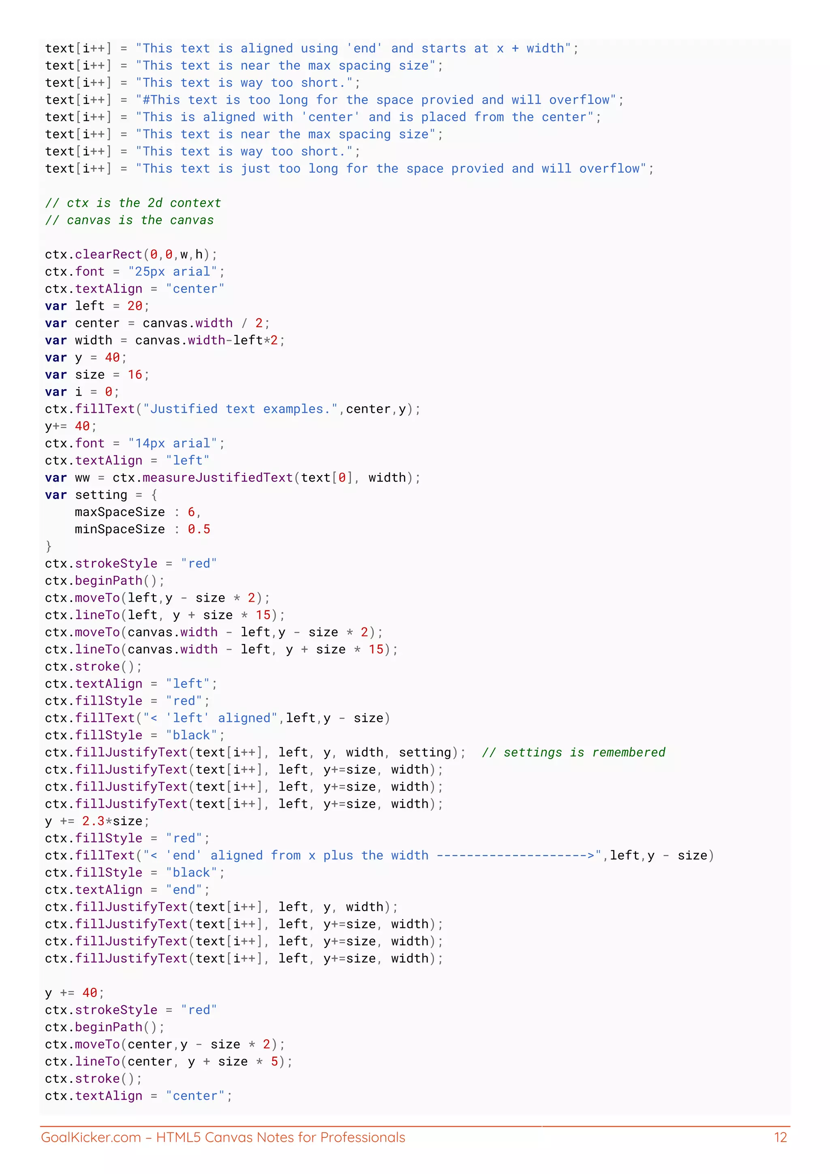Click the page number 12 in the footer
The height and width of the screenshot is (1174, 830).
coord(781,1137)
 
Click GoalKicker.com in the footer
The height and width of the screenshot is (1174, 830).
coord(90,1137)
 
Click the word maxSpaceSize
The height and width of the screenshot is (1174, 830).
coord(120,512)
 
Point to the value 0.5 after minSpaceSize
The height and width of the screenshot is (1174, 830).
coord(199,529)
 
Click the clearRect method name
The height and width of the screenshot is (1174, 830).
coord(108,254)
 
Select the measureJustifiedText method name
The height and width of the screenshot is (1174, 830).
coord(218,478)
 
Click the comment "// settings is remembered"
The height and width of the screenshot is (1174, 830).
coord(573,752)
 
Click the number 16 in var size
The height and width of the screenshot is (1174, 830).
coord(135,375)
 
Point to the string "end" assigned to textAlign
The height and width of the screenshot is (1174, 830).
coord(184,890)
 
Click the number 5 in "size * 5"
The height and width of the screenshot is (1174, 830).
coord(274,1062)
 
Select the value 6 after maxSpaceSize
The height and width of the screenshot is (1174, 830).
coord(191,512)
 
